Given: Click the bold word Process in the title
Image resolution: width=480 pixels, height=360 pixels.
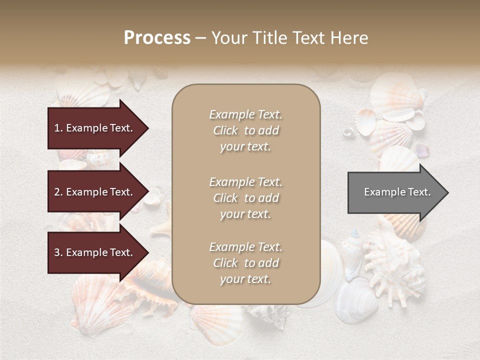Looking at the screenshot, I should coord(157,38).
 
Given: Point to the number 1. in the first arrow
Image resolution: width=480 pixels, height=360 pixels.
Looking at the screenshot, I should coord(58,128).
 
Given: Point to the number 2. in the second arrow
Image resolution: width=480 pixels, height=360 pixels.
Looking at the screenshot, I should coord(58,192).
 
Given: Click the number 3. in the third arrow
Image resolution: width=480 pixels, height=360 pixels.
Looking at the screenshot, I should coord(58,252).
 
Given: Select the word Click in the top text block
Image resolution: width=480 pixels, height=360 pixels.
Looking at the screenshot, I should coord(225,130).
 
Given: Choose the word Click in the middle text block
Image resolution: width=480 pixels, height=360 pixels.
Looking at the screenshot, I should coord(225,198).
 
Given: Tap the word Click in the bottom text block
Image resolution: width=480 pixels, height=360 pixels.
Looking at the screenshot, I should coord(225,263).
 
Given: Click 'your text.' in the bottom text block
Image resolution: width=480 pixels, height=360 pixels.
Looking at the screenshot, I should coord(245,279).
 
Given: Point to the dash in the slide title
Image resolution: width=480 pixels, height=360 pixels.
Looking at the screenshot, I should coord(201,38).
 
